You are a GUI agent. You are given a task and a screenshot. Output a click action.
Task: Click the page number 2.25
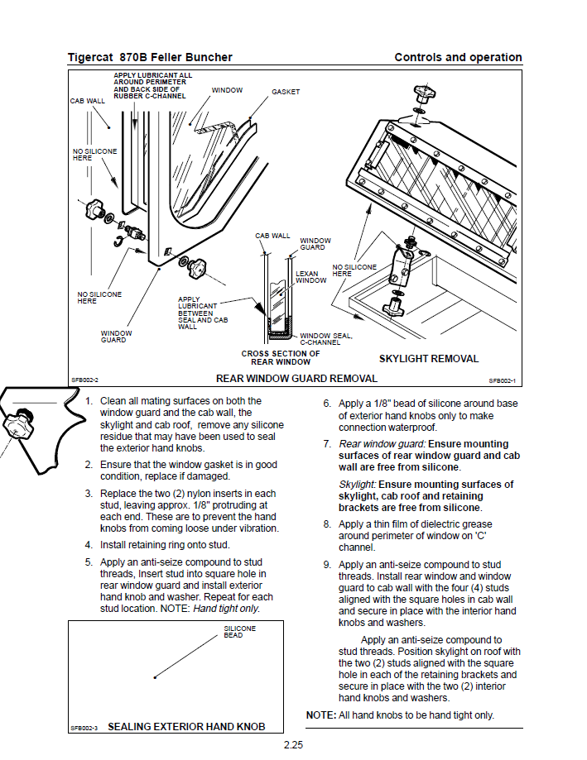293,745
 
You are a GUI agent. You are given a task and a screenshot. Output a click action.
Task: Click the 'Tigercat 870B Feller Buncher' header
150,57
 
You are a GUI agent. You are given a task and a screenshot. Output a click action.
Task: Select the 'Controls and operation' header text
458,57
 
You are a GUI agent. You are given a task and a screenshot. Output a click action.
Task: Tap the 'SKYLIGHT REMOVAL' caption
428,359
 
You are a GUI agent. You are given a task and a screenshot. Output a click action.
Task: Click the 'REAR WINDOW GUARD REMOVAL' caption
296,379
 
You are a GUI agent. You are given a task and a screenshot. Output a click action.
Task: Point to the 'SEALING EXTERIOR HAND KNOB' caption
186,727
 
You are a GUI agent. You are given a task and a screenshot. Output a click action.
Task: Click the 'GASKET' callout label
286,92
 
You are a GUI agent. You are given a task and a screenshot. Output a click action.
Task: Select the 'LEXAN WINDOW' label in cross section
310,277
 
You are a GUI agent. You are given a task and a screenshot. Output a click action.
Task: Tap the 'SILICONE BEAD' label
240,631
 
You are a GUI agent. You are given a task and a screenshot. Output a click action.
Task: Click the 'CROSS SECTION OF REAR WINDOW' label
280,357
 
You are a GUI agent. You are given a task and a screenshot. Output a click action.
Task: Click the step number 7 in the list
327,444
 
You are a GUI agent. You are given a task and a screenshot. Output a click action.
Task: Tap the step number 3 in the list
89,494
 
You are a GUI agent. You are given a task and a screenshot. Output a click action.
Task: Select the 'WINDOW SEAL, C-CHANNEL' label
325,339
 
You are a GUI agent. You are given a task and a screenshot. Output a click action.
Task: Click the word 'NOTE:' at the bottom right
320,715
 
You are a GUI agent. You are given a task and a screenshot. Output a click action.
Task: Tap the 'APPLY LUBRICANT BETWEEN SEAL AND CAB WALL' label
197,313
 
